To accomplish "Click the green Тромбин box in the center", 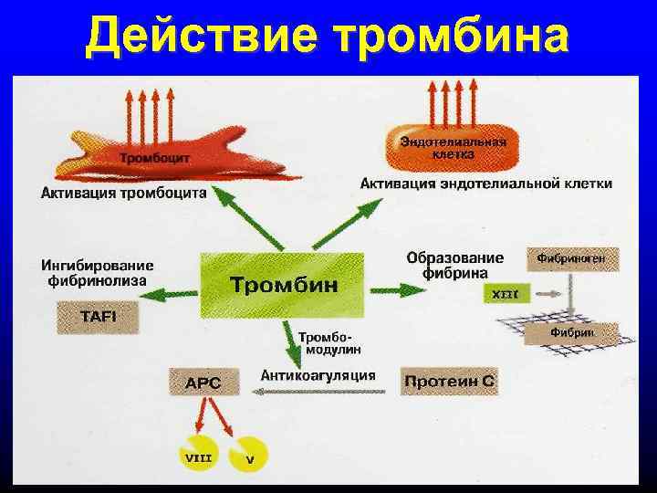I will point(283,285).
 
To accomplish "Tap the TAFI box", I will point(99,318).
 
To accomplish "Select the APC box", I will point(203,383).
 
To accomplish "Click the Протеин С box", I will point(450,380).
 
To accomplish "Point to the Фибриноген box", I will point(571,259).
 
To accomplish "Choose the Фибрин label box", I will point(571,333).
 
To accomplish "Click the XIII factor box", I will point(505,295).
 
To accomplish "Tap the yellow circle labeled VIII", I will point(197,454).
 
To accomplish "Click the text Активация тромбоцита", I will point(124,193).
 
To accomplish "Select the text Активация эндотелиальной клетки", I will point(485,184).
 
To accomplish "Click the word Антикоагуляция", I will point(318,374).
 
